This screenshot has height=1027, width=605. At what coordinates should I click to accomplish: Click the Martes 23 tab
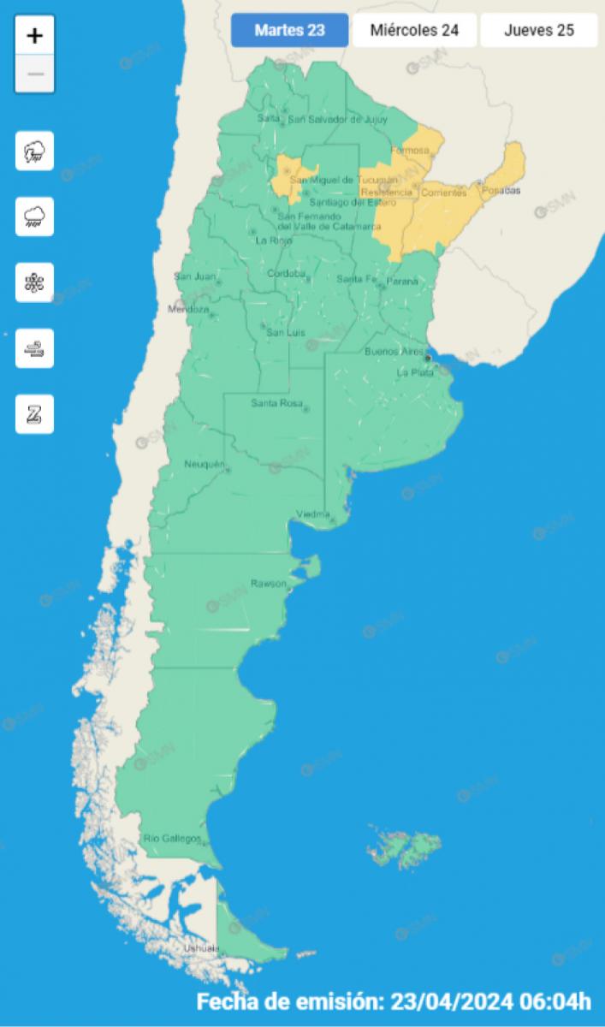coord(290,31)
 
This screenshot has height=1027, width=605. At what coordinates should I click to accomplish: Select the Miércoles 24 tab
coord(414,31)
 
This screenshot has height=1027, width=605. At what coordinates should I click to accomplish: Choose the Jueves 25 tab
coord(538,31)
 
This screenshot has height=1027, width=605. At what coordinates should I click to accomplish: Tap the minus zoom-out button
coord(35,74)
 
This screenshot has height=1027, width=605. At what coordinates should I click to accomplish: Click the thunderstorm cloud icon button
coord(35,151)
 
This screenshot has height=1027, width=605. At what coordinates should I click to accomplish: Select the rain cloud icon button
coord(35,217)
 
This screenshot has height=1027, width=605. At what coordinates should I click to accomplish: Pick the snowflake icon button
coord(35,282)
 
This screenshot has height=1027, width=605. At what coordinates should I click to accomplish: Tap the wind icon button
coord(35,348)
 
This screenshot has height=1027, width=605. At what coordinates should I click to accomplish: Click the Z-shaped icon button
coord(35,414)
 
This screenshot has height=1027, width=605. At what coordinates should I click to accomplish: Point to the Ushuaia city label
coord(202,948)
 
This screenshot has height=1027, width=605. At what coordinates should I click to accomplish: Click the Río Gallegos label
coord(172,838)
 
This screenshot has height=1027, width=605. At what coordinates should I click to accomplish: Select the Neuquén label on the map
coord(204,464)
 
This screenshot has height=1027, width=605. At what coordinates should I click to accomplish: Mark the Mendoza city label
coord(188,309)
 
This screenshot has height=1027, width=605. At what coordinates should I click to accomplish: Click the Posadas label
coord(501,190)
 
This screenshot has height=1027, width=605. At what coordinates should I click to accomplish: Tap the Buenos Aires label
coord(393,352)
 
